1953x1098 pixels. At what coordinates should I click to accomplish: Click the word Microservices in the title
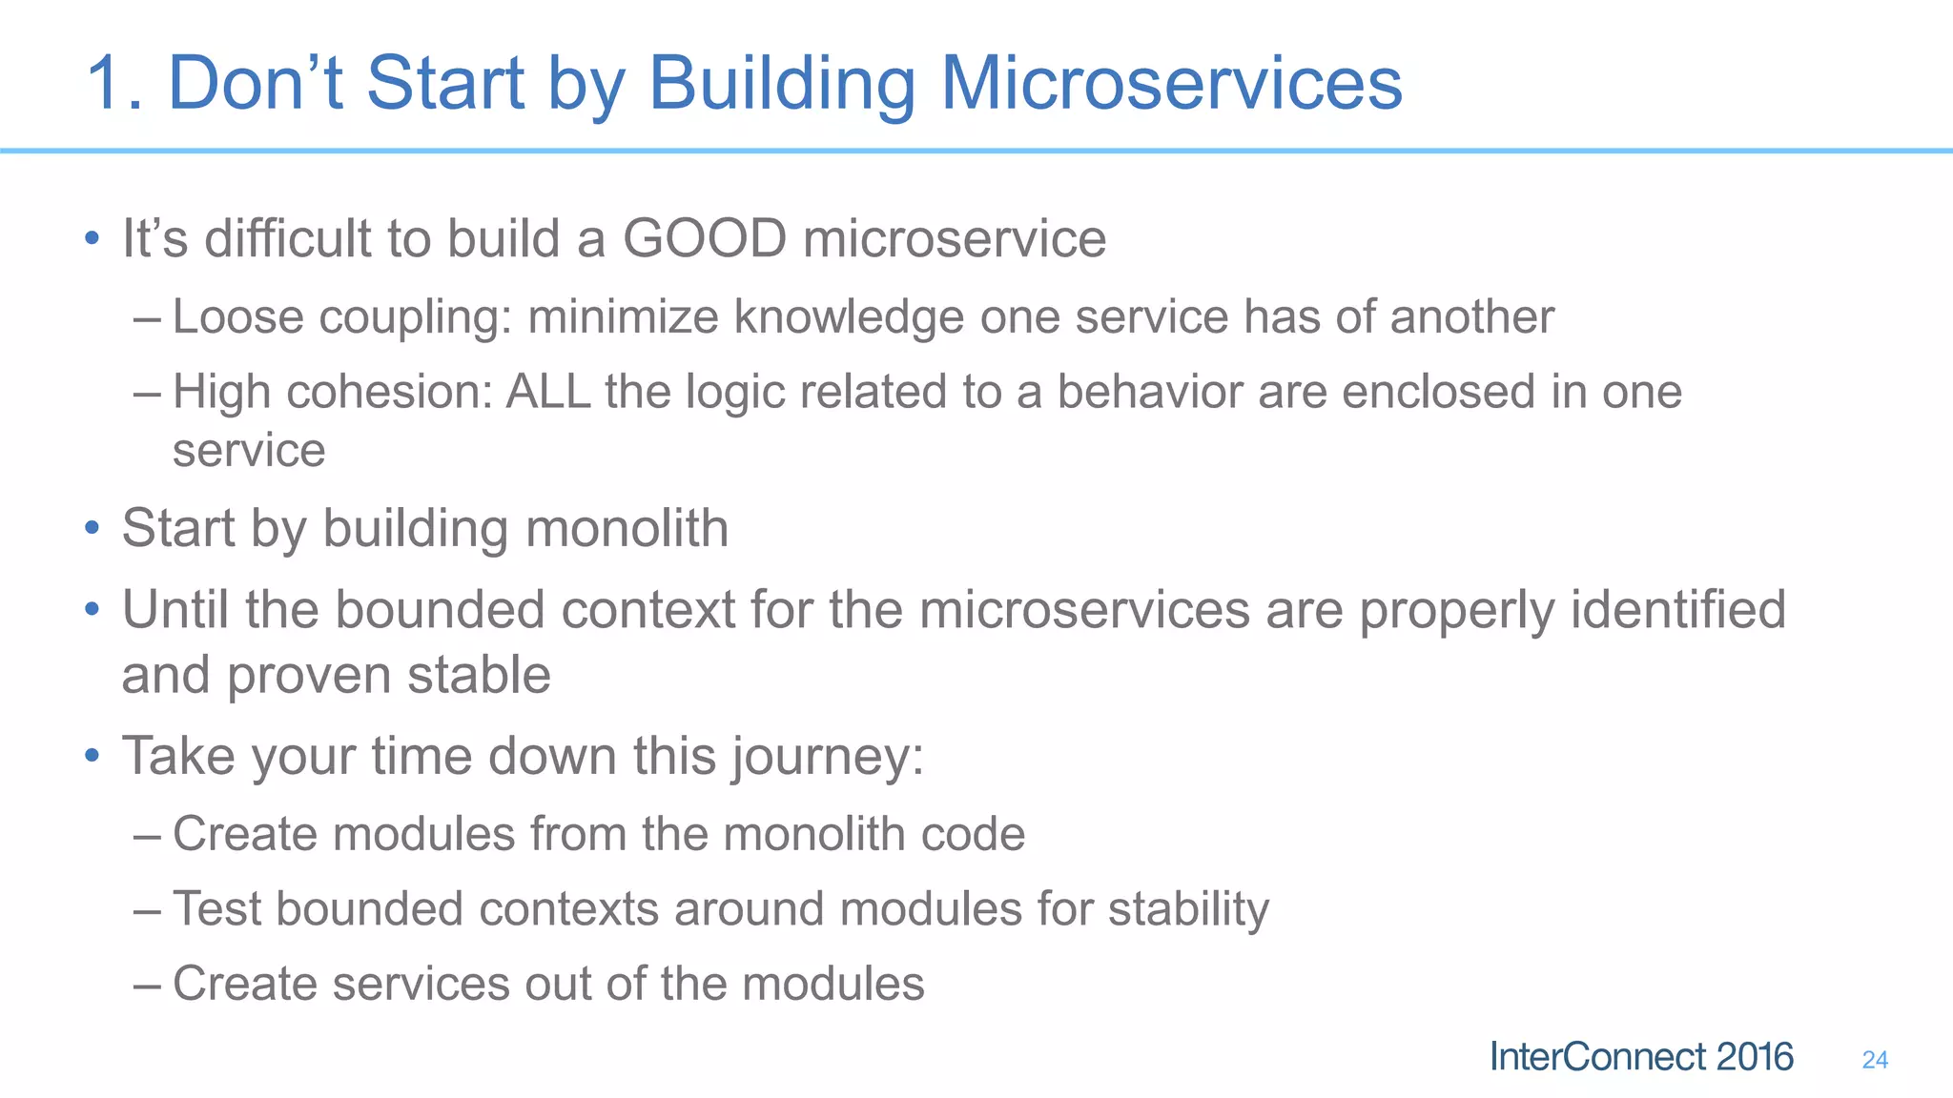[x=1171, y=84]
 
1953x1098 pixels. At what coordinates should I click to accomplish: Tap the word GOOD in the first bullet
[x=705, y=238]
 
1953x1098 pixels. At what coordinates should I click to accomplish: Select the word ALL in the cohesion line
[x=547, y=392]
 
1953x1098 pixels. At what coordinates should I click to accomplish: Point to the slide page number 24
[x=1874, y=1060]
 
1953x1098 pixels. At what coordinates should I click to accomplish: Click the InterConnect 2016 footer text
[x=1641, y=1057]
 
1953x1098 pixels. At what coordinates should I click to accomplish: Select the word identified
[x=1677, y=610]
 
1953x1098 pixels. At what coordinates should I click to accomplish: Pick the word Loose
[x=237, y=317]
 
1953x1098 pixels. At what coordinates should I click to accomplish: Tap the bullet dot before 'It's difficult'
[x=92, y=238]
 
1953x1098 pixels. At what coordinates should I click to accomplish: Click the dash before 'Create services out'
[x=148, y=985]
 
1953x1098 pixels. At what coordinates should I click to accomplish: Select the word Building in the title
[x=781, y=84]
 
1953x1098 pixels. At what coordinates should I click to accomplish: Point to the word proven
[x=309, y=676]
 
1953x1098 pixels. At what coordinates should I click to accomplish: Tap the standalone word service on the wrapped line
[x=249, y=451]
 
